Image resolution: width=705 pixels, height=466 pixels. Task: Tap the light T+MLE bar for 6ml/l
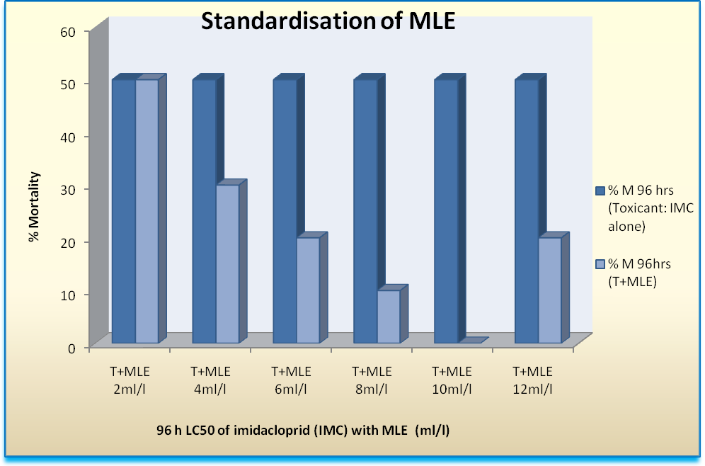[x=308, y=290]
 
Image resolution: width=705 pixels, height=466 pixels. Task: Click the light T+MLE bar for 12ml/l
[x=549, y=290]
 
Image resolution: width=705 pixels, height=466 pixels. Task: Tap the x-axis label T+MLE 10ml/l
[x=452, y=380]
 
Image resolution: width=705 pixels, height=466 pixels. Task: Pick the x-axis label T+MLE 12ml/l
[x=533, y=380]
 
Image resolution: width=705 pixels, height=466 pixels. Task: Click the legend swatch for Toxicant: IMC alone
[x=600, y=191]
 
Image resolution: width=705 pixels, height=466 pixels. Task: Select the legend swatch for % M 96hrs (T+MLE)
[x=600, y=264]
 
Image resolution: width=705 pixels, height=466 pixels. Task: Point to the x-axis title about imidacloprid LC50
[x=309, y=430]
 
